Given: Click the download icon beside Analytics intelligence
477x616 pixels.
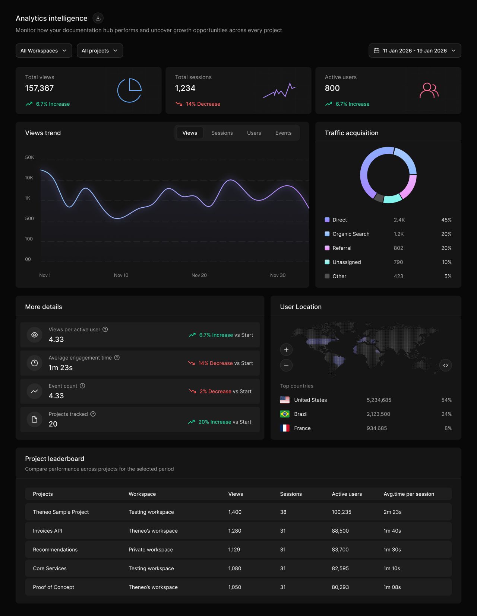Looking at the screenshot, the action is click(98, 18).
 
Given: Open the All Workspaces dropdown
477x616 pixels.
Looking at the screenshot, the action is click(44, 51).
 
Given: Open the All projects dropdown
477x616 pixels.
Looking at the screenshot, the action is click(99, 51).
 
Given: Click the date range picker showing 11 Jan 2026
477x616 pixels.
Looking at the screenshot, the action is click(414, 51).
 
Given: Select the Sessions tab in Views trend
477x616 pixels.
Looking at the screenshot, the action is click(222, 133).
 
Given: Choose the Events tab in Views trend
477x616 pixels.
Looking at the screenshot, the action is click(283, 133).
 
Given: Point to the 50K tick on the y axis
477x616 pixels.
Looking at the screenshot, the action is click(29, 157).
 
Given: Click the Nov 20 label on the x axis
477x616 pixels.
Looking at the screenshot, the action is click(199, 275).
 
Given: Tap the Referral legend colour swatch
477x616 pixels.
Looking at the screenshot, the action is click(327, 248).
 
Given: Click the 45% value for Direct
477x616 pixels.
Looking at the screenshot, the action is click(446, 220).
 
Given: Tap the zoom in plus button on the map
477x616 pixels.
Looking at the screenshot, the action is click(286, 350).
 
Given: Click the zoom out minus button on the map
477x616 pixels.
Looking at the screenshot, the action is click(286, 365).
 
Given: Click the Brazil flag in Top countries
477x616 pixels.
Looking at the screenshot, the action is click(285, 414).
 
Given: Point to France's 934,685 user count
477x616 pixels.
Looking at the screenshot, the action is click(376, 428).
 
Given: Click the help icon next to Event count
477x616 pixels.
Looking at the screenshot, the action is click(82, 386).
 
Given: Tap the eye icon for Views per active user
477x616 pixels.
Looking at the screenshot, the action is click(34, 335).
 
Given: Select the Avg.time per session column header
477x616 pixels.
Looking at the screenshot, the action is click(408, 494).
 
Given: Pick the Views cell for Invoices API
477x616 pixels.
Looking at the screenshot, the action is click(235, 531).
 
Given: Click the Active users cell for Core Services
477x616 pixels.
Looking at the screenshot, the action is click(340, 568).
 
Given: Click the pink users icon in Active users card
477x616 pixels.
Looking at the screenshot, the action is click(429, 90).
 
